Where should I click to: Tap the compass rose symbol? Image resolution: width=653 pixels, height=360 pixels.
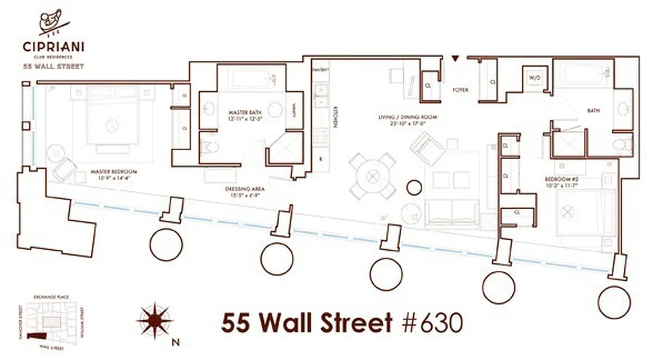coord(155,321)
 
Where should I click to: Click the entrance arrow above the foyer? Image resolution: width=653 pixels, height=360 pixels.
coord(455,58)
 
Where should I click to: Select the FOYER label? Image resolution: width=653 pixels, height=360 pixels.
coord(461,90)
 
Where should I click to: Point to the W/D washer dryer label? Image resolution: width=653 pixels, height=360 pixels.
coord(534,78)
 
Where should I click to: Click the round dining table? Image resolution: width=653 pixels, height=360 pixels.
coord(373,175)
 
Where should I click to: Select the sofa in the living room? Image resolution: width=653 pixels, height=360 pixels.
coord(451,213)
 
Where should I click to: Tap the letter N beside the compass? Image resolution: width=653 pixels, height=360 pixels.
coord(175,342)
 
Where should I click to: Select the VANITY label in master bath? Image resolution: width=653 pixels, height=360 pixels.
coord(294,111)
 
